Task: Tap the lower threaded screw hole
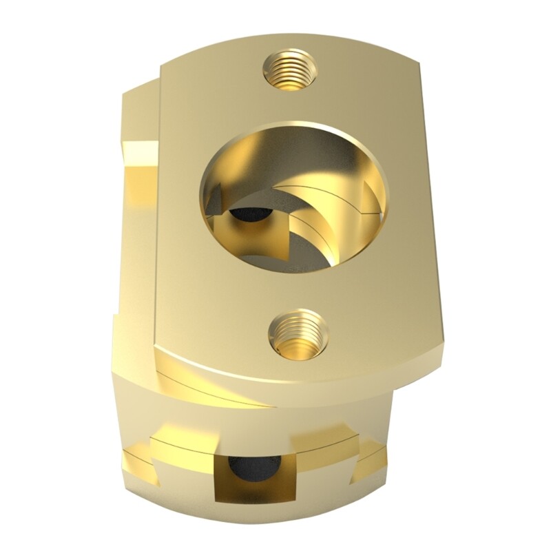click(298, 333)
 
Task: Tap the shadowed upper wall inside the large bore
click(296, 148)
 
